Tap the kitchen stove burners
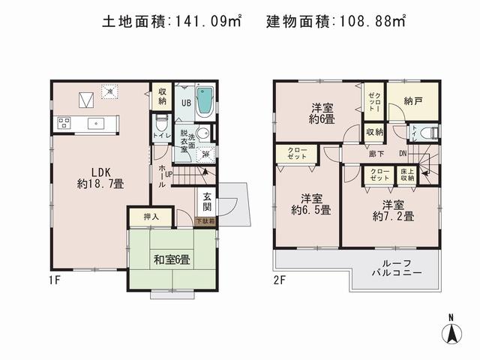tap(61, 123)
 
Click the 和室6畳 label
tap(171, 259)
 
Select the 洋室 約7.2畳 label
tap(398, 210)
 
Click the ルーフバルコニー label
tap(397, 268)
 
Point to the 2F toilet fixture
tap(426, 134)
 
